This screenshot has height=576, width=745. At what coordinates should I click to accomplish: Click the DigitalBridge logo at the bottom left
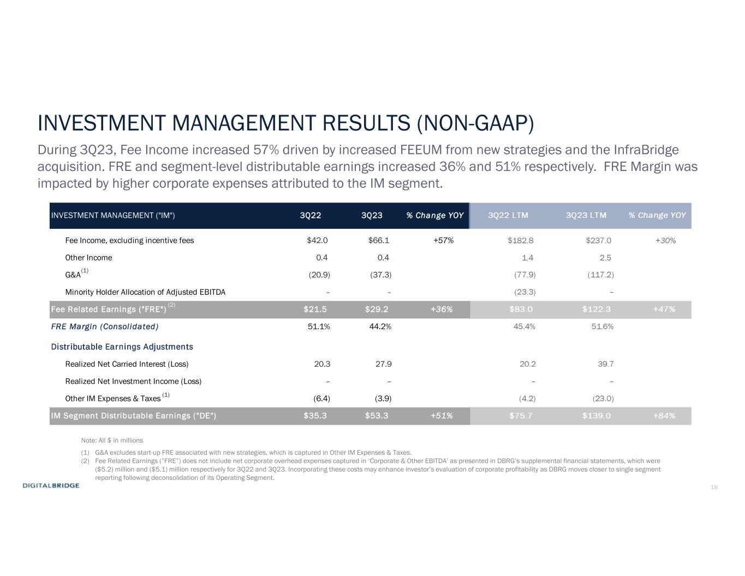point(51,485)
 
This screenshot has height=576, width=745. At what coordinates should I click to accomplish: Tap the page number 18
point(714,487)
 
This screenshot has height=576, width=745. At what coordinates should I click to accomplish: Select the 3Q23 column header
point(372,216)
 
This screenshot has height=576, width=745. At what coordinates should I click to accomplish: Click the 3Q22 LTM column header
point(508,216)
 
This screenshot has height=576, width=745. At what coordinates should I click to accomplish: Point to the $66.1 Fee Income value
point(378,240)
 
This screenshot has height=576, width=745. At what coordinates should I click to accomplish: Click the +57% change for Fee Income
point(443,240)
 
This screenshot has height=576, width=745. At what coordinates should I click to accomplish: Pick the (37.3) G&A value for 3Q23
point(380,275)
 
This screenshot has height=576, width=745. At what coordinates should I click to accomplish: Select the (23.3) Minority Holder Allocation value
point(525,292)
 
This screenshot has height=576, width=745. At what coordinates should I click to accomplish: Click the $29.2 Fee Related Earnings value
point(377,310)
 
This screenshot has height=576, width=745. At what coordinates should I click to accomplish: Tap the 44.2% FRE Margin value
point(380,326)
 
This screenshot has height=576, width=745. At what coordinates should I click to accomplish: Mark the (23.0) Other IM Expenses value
point(603,399)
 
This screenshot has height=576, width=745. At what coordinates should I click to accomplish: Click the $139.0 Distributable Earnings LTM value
point(596,416)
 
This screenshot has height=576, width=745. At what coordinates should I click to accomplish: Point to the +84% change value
point(664,416)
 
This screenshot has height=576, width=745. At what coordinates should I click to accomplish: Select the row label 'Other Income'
point(88,258)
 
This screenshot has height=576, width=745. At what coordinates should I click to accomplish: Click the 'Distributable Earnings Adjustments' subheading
point(122,347)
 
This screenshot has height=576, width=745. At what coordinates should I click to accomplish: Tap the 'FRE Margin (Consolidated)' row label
point(104,326)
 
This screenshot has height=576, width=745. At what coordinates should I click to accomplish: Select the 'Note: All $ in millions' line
point(112,440)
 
